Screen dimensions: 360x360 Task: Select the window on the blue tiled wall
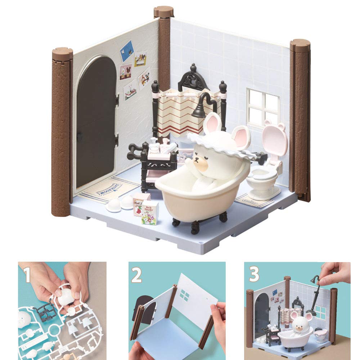[x=263, y=106]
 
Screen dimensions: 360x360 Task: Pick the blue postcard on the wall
[x=126, y=50]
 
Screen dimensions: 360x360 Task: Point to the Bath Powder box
[x=149, y=212]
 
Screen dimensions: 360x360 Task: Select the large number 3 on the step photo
[x=254, y=275]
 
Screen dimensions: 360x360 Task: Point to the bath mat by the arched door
[x=108, y=189]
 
